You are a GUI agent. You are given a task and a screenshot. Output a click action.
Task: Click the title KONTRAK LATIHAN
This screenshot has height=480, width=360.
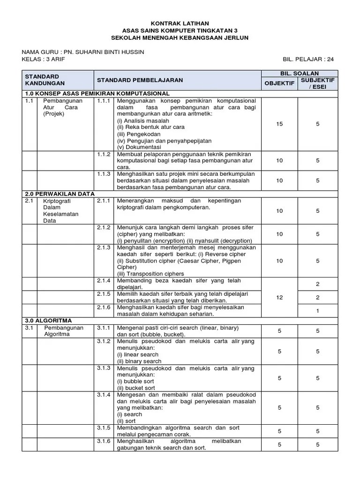click(180, 23)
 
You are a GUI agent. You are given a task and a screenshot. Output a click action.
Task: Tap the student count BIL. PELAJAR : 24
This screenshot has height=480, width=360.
click(308, 60)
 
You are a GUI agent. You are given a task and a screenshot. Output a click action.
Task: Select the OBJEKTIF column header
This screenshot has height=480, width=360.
click(279, 83)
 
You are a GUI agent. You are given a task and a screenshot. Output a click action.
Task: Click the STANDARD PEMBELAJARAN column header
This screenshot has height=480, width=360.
click(140, 80)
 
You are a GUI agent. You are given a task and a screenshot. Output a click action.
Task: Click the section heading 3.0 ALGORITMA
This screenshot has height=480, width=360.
click(47, 321)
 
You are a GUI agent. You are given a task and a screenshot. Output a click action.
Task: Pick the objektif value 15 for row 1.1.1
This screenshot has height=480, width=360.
click(279, 124)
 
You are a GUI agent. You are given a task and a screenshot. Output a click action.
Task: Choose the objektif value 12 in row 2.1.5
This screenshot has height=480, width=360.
click(279, 297)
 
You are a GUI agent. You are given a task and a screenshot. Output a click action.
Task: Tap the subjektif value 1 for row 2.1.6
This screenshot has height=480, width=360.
click(318, 310)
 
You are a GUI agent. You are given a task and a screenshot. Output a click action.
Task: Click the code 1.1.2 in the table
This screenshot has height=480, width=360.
click(103, 154)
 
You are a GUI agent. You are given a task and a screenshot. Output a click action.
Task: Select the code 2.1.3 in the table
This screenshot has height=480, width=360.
click(103, 247)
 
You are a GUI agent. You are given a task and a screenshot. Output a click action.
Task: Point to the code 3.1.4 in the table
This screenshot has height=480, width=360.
click(103, 395)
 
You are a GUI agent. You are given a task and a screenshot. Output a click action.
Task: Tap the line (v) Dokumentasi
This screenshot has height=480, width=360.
click(138, 147)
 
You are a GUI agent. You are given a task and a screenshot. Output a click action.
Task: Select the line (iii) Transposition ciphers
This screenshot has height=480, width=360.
click(150, 274)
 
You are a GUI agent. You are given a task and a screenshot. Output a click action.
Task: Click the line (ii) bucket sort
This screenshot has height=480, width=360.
click(136, 388)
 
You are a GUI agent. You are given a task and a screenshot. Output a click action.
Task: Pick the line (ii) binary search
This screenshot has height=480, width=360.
click(139, 361)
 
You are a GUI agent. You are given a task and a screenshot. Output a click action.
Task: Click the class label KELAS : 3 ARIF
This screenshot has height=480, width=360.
click(44, 60)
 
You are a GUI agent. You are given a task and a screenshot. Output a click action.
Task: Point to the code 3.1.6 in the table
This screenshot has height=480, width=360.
click(103, 441)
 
